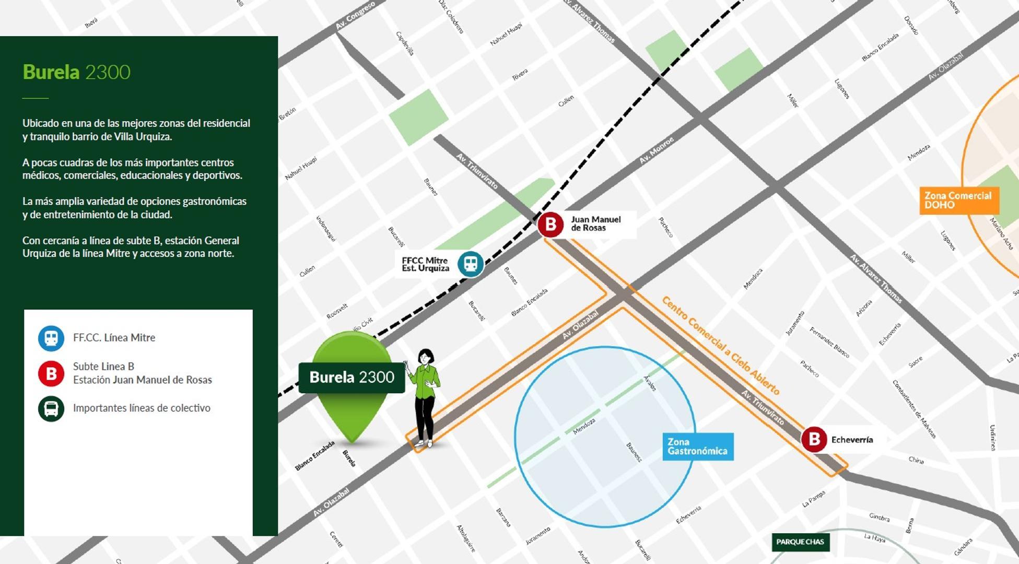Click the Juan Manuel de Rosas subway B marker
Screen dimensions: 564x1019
tap(551, 225)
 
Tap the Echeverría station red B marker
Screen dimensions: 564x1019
tap(814, 439)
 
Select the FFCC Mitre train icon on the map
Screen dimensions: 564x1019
tap(471, 264)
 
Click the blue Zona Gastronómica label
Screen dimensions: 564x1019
tap(698, 446)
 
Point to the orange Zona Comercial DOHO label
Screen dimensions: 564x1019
tap(958, 201)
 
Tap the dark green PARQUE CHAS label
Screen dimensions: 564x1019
tap(800, 542)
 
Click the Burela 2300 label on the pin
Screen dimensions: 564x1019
tap(352, 378)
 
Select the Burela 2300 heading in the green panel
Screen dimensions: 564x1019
tap(76, 72)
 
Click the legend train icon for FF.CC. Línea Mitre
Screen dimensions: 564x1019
tap(51, 338)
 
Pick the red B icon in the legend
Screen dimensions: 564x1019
tap(51, 373)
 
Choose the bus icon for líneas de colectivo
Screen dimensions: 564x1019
tap(51, 408)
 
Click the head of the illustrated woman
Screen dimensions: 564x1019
tap(426, 357)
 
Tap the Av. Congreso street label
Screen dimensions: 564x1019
tap(355, 16)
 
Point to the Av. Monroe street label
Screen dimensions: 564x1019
tap(657, 150)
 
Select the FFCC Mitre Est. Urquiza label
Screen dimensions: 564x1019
tap(425, 264)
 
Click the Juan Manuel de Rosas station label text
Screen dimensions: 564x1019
tap(595, 224)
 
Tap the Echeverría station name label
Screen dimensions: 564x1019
tap(852, 440)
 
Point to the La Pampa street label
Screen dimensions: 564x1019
tap(813, 499)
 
